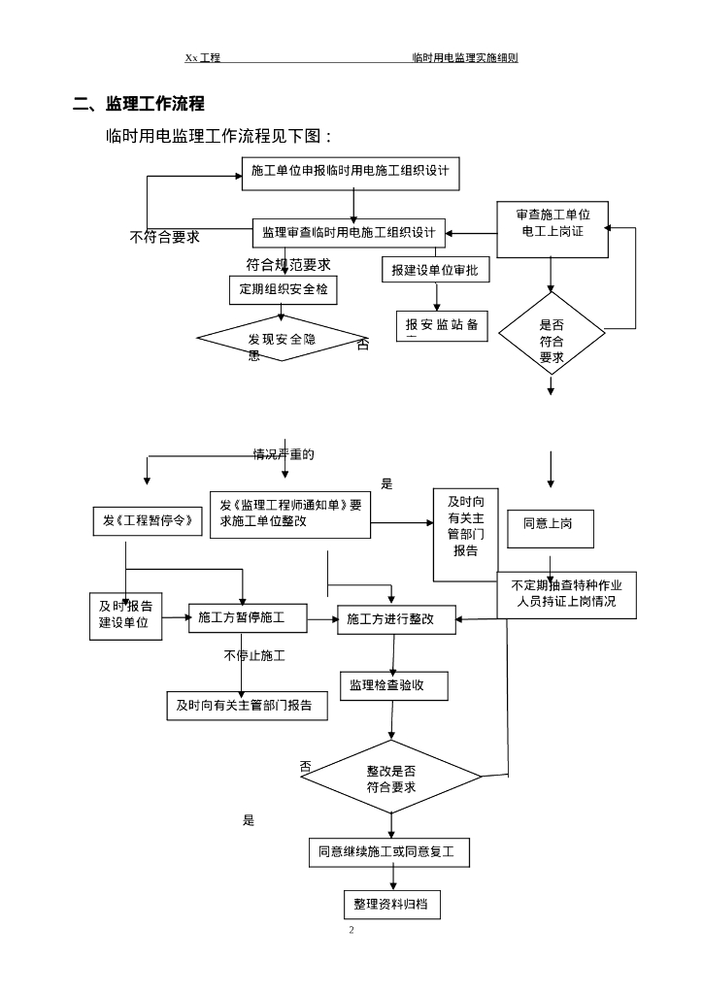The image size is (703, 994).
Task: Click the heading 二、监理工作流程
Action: [x=139, y=105]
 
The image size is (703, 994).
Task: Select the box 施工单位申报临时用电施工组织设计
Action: [x=351, y=172]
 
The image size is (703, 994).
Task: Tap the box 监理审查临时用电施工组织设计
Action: [x=349, y=233]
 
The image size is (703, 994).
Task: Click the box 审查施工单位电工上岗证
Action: [x=552, y=230]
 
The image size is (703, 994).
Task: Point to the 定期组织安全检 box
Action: [x=283, y=289]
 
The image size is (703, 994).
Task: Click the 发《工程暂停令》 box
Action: [x=149, y=521]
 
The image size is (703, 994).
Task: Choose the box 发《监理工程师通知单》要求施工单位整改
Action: [x=290, y=514]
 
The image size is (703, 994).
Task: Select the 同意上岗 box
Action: [x=550, y=525]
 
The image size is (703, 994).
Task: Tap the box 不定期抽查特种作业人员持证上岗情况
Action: [x=567, y=594]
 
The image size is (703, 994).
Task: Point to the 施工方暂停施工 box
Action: [x=248, y=617]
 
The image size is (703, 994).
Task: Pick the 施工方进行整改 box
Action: [x=396, y=619]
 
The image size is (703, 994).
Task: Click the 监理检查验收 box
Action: [x=393, y=685]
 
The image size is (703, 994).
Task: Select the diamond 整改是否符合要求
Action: [x=391, y=778]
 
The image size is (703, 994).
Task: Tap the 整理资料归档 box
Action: [x=392, y=905]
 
